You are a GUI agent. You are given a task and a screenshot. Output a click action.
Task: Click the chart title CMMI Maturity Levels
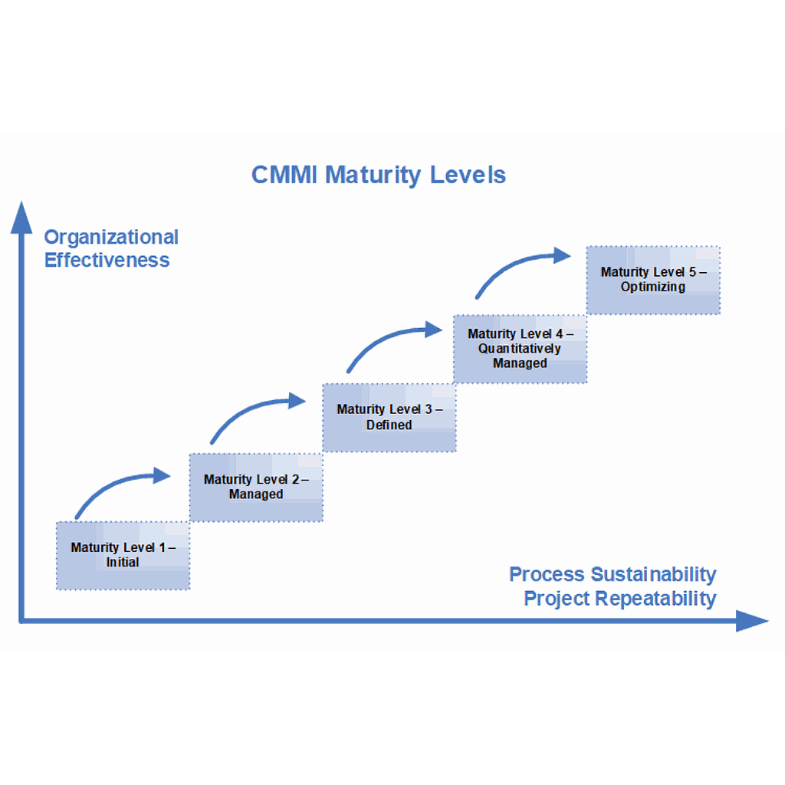[x=379, y=175]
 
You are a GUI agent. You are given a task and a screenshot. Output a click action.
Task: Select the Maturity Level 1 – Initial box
[x=123, y=556]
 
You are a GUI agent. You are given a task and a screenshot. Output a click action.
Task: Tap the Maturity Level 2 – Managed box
[x=256, y=487]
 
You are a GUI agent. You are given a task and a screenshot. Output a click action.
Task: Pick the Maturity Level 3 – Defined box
[x=389, y=417]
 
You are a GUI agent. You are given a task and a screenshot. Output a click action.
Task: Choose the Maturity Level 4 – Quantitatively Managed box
[x=520, y=349]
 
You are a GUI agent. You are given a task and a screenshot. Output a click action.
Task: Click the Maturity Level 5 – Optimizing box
[x=653, y=280]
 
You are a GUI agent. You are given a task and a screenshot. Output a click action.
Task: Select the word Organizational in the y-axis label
[x=111, y=237]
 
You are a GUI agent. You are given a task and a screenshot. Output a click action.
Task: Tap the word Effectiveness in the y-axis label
[x=107, y=260]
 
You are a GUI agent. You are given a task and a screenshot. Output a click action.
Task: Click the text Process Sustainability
[x=613, y=574]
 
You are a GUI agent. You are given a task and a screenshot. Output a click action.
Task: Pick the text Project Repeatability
[x=619, y=599]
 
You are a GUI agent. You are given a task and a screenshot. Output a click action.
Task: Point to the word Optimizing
[x=653, y=287]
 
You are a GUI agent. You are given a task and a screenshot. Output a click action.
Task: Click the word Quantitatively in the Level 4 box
[x=520, y=349]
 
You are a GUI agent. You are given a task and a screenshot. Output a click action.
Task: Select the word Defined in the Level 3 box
[x=389, y=425]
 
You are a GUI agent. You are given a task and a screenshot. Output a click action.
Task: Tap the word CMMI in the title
[x=284, y=175]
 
